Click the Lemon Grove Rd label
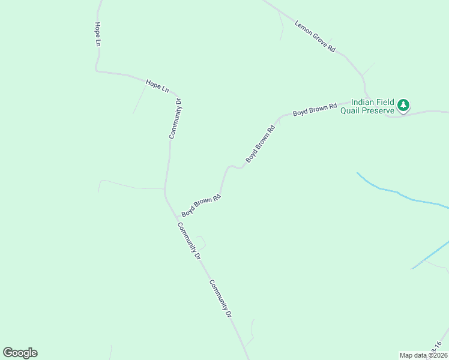pos(315,37)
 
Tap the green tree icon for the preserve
pos(404,106)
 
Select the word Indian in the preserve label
pos(364,103)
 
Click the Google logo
pos(20,353)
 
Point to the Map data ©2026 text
pos(423,355)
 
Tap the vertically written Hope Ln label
pos(97,35)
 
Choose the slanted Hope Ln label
pos(157,85)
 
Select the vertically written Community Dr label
pos(175,119)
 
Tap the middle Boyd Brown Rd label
pos(260,144)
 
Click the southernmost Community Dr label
pos(220,298)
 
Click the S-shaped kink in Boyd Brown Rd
pos(234,167)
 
